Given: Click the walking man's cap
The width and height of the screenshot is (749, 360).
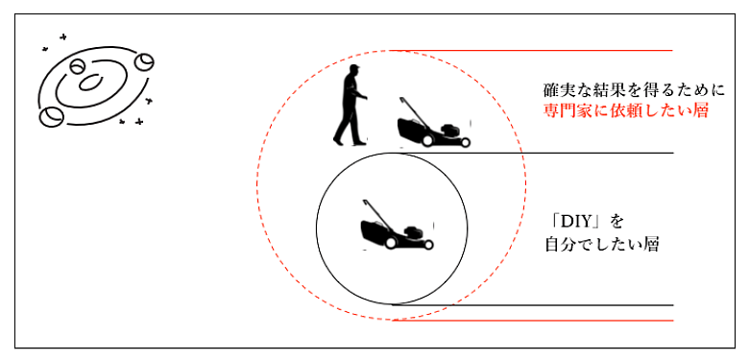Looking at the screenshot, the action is coord(353,68).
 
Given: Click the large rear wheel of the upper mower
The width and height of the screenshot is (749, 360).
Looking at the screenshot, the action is coord(427,140).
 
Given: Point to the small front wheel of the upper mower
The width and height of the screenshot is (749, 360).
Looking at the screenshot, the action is coord(466,142).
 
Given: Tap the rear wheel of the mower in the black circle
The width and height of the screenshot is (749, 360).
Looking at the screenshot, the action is coord(391,243).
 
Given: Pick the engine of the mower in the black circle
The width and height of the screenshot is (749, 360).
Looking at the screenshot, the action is coord(412,233).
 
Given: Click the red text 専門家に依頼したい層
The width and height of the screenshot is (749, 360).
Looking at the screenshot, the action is coord(625,110).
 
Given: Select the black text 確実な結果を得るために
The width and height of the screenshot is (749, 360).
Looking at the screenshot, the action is coord(635,90).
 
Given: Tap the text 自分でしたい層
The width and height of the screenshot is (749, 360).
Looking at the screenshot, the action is coord(602,245).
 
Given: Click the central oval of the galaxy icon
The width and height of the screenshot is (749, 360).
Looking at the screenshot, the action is coord(91,83).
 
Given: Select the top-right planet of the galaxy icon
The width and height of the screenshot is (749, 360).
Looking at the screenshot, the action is coord(144,62).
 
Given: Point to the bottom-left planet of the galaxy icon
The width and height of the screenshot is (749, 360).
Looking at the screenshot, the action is coord(51,116).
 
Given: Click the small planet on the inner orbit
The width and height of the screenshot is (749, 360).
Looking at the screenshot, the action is coord(77,66).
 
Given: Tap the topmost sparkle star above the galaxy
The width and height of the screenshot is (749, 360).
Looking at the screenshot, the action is coord(62,36).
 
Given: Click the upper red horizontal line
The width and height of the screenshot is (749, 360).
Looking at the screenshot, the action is coord(531,50).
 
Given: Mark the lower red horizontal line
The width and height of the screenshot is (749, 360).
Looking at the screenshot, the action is coord(533,321).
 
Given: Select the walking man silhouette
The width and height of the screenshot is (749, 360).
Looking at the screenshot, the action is coord(350,105).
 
